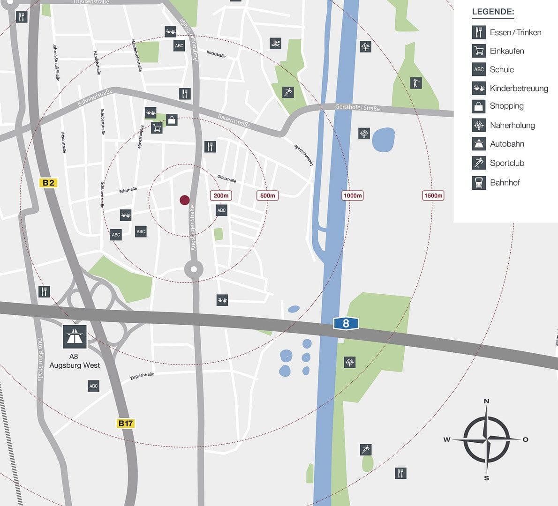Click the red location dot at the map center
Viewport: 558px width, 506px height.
185,200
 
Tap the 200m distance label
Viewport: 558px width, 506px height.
221,195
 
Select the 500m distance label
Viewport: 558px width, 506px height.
268,195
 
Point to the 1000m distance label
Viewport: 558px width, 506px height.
353,195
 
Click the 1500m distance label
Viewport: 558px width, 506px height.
433,195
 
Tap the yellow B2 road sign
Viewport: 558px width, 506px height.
48,183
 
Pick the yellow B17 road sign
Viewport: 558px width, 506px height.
125,424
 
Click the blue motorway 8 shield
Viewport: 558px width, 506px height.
346,323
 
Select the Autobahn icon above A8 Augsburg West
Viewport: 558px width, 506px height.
75,336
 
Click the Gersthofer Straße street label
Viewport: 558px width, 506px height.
357,108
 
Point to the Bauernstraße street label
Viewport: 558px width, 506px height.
234,120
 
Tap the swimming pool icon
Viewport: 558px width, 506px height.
276,44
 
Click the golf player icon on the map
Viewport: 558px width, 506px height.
415,83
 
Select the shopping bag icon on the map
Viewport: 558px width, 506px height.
172,120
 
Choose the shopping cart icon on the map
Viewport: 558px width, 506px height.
157,128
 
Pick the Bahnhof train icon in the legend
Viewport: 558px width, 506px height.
479,183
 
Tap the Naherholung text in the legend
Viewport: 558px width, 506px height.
512,126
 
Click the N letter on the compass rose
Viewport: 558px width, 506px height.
487,401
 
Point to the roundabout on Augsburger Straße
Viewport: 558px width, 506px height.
194,269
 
